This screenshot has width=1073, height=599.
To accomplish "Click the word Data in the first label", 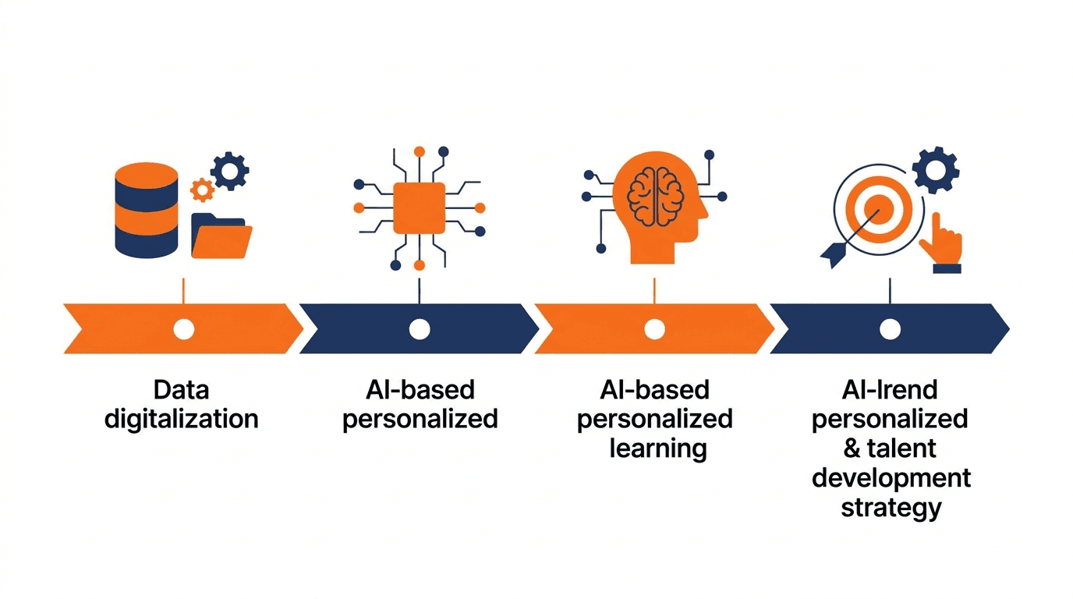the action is (x=181, y=390).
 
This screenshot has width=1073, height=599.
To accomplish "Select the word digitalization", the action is (x=182, y=420).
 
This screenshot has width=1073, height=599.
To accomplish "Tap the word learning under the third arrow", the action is (x=658, y=449).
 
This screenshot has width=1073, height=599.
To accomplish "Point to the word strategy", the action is (x=891, y=508).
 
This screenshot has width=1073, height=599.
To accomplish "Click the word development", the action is (x=891, y=478).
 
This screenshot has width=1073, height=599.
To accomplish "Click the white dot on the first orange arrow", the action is (x=184, y=329).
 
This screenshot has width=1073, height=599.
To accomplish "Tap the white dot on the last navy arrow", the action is (x=890, y=329).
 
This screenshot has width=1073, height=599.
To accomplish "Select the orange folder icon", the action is (x=221, y=236).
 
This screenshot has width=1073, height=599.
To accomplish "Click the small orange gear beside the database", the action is (x=202, y=190).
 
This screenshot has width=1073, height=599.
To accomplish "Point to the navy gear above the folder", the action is (x=230, y=171).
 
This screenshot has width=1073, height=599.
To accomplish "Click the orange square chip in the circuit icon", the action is (x=420, y=208).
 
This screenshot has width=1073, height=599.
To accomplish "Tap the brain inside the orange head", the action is (x=656, y=197).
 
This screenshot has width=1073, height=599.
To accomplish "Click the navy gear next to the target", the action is (x=936, y=170).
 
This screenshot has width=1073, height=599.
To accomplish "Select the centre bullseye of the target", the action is (x=879, y=209).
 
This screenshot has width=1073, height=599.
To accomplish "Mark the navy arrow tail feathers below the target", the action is (x=834, y=255).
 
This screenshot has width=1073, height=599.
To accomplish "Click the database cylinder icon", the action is (x=147, y=211).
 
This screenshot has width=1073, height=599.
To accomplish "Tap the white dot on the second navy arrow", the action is (x=420, y=329).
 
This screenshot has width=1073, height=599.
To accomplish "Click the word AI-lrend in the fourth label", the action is (x=890, y=390).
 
